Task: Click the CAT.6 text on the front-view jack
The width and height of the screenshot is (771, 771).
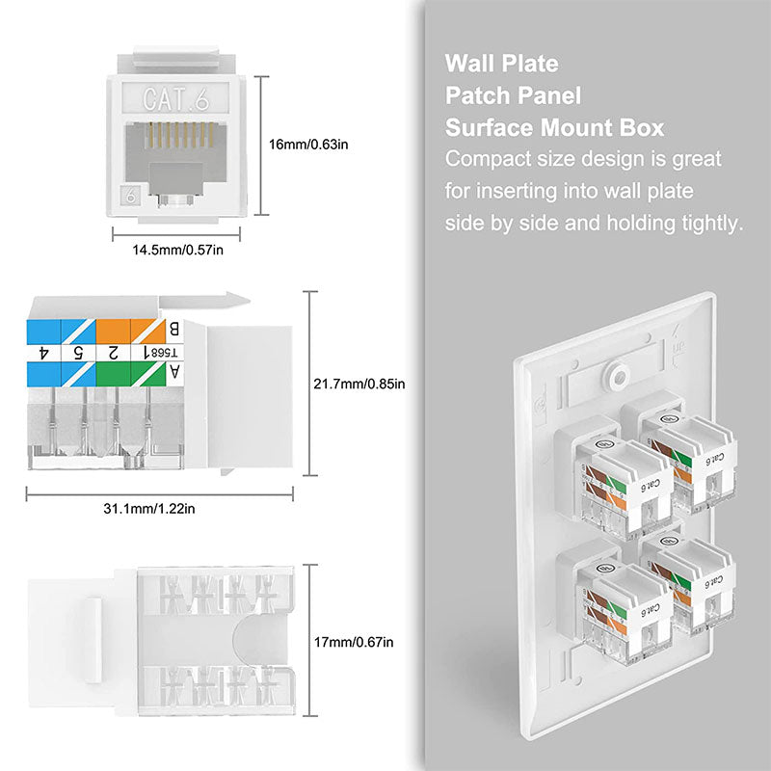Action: click(174, 97)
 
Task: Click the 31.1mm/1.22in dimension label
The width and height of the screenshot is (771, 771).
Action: click(158, 509)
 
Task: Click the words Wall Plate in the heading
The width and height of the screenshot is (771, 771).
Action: click(501, 65)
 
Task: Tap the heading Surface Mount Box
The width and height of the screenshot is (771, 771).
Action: click(554, 128)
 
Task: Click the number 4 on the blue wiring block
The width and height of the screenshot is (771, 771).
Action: click(44, 352)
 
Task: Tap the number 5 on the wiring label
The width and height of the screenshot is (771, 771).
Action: click(77, 352)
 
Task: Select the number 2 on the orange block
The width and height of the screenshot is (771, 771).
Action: click(113, 352)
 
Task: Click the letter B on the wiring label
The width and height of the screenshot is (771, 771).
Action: click(173, 329)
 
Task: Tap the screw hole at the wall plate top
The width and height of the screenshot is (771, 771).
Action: click(612, 369)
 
